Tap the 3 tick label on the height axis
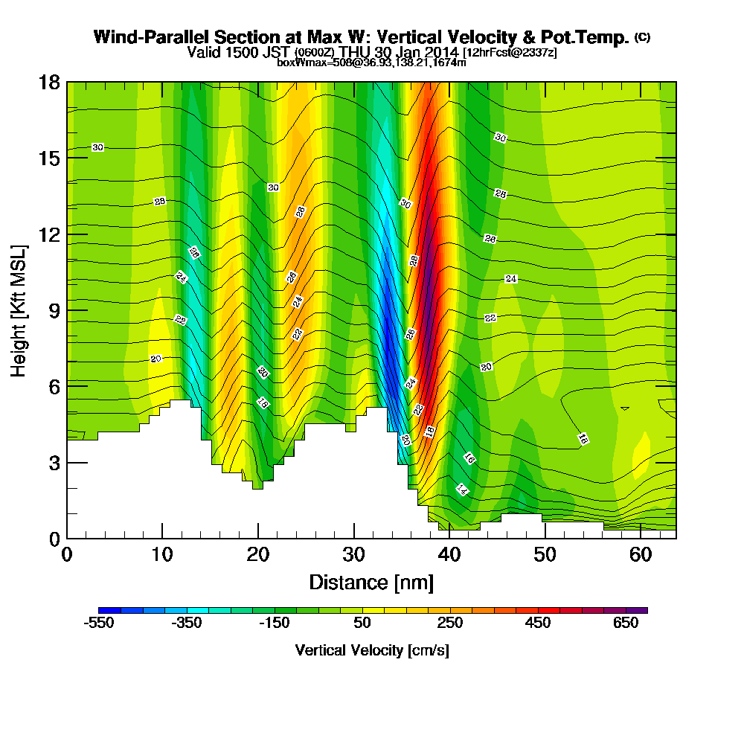[54, 463]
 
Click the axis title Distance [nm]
[371, 582]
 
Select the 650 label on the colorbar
[626, 623]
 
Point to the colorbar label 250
[450, 623]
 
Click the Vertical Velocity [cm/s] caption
[372, 650]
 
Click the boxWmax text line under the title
[371, 62]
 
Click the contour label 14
[462, 489]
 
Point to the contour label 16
[469, 458]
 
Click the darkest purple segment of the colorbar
[641, 610]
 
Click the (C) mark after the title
[642, 37]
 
